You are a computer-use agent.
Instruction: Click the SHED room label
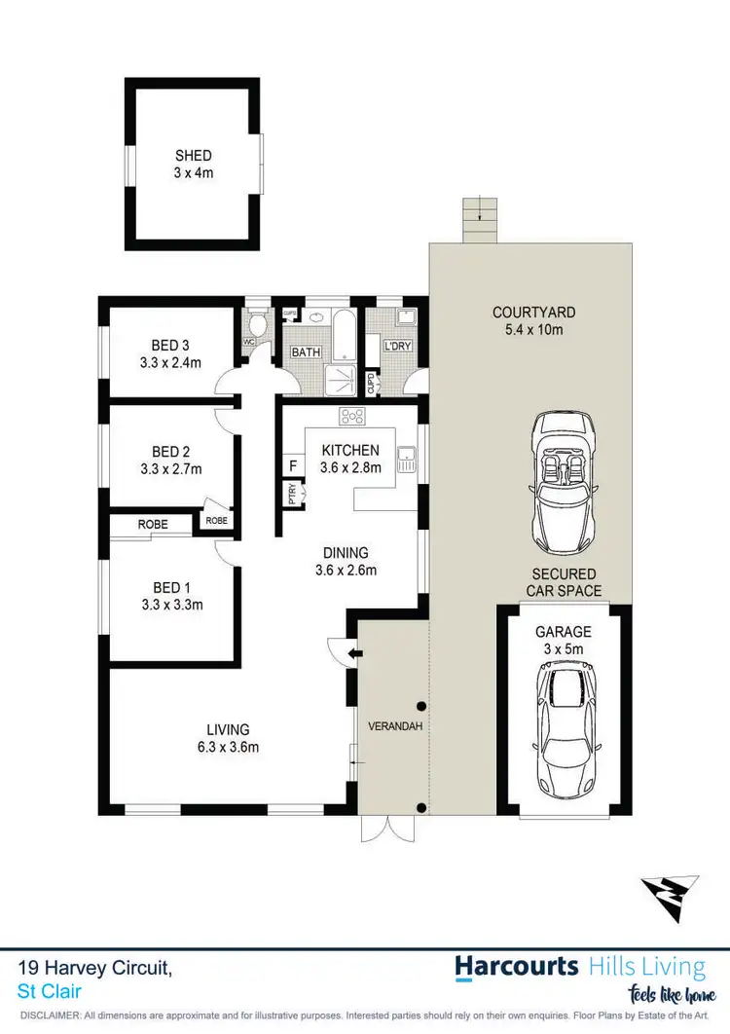point(193,156)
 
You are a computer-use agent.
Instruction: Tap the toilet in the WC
point(258,322)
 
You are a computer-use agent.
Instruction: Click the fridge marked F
point(292,465)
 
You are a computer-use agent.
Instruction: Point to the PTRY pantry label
point(292,495)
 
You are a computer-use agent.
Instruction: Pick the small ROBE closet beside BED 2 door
point(216,521)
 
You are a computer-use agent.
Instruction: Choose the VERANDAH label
point(394,726)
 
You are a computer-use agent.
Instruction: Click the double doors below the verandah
point(387,828)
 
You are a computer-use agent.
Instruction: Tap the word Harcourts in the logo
point(518,967)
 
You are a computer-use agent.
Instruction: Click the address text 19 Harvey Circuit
point(95,968)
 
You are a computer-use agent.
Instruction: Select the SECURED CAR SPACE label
point(564,582)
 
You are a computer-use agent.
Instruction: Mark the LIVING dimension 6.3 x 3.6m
point(227,748)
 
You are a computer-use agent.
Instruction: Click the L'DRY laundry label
point(397,347)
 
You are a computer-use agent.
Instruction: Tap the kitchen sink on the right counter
point(406,455)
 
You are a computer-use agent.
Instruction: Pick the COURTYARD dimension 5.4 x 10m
point(533,330)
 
